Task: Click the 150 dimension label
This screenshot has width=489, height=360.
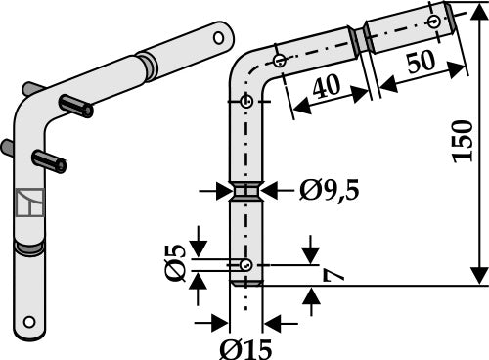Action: [x=463, y=141]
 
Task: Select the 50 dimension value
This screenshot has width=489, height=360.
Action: [x=422, y=61]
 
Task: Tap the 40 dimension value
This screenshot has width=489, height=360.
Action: [x=327, y=87]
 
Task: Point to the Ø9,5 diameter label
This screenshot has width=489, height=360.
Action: [x=329, y=190]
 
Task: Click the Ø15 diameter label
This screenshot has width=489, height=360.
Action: [x=245, y=349]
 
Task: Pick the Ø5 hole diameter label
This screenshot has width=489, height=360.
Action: [x=175, y=262]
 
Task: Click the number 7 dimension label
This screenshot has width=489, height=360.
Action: [x=333, y=275]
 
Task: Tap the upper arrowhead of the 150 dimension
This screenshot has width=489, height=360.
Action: [x=479, y=12]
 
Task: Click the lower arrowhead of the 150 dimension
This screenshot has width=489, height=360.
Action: [x=479, y=275]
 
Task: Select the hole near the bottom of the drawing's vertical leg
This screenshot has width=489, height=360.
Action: [x=246, y=265]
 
